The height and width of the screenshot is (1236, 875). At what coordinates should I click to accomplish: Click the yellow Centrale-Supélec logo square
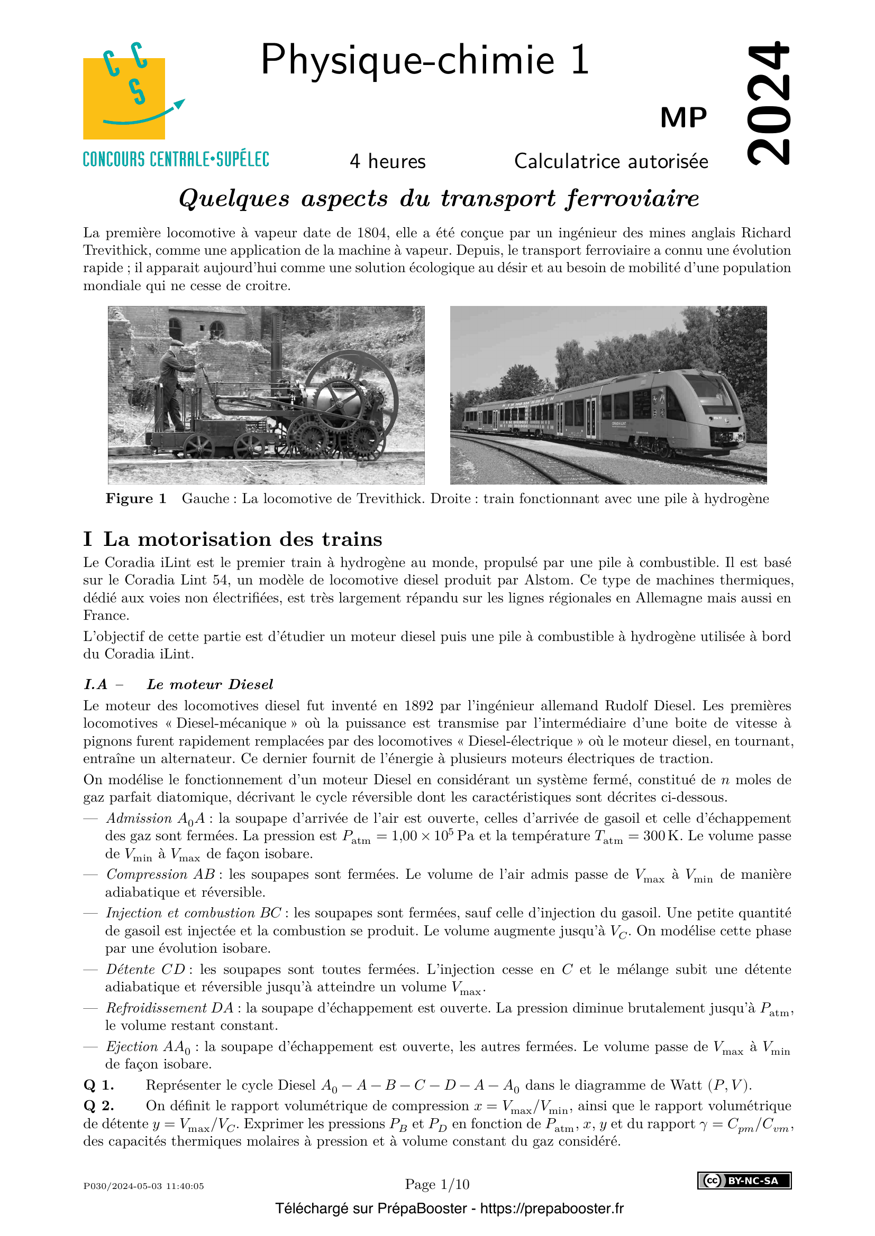click(x=124, y=98)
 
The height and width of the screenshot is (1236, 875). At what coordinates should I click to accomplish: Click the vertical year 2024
click(x=769, y=103)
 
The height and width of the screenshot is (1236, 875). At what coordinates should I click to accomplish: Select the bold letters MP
click(x=683, y=118)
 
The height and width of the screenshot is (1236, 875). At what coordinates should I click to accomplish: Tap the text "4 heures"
click(x=387, y=162)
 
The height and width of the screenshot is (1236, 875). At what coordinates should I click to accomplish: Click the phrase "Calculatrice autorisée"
click(x=611, y=162)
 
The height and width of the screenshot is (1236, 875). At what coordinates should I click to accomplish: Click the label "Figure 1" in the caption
click(x=136, y=498)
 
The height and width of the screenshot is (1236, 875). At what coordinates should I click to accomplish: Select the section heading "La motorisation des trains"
click(x=242, y=540)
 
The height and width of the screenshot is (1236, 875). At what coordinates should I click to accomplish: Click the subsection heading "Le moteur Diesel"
click(x=209, y=684)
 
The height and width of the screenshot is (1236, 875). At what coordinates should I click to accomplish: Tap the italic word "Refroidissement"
click(x=156, y=1008)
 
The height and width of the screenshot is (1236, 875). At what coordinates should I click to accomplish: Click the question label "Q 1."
click(x=98, y=1085)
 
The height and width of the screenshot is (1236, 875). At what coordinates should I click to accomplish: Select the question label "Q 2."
click(x=98, y=1105)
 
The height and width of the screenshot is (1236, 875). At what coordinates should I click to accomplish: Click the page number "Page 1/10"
click(x=437, y=1184)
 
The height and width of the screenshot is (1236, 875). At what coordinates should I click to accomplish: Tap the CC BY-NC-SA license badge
click(x=744, y=1181)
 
